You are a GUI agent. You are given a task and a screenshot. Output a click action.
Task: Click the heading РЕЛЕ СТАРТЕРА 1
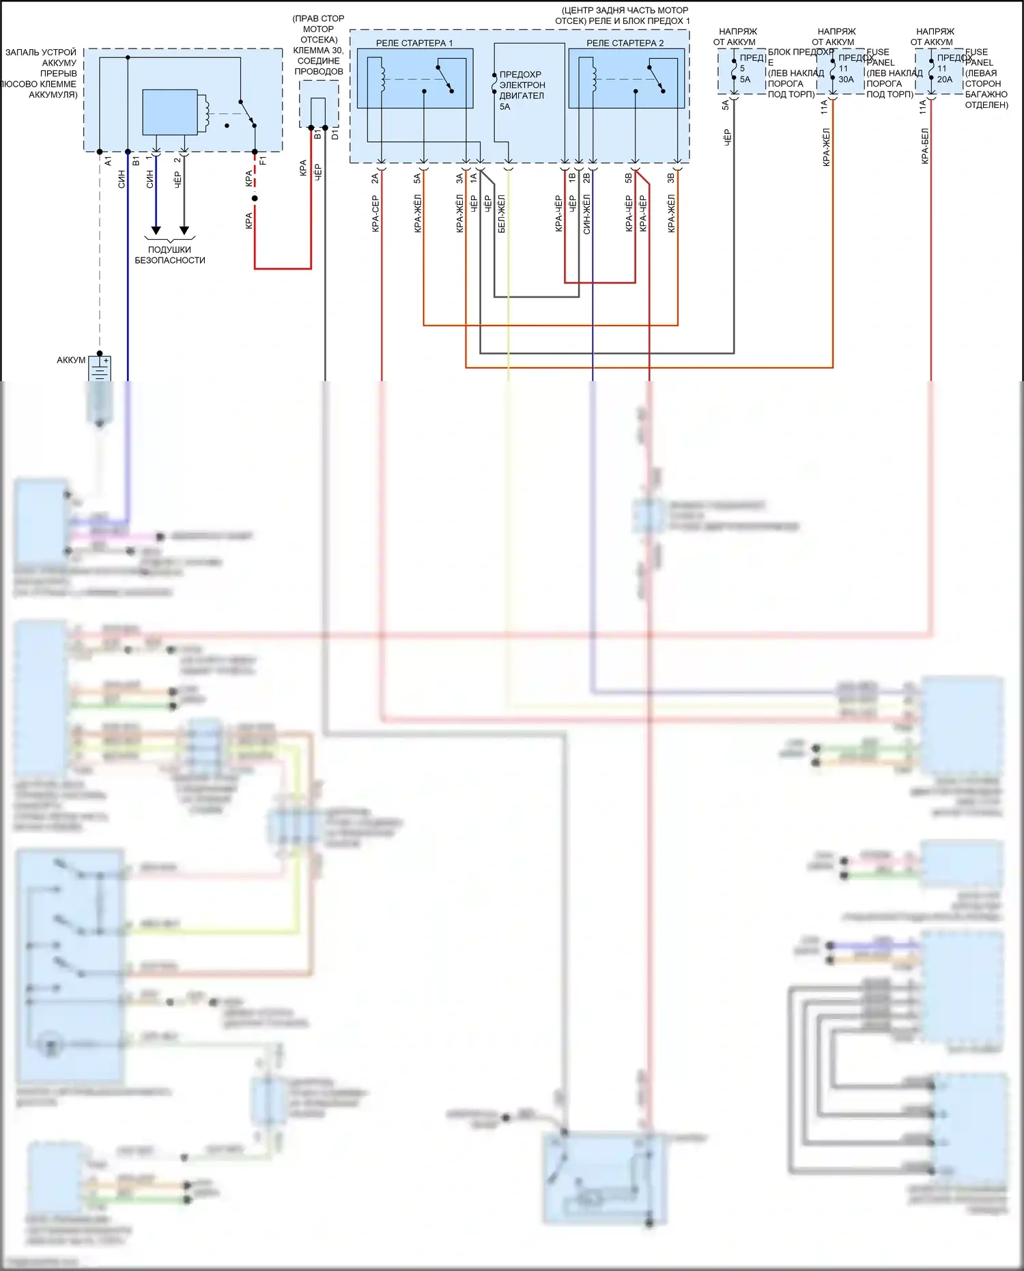click(x=414, y=43)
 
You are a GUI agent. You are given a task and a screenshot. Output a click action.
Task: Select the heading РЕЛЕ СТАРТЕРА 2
click(x=625, y=43)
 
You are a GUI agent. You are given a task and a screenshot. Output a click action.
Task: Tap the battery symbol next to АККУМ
click(x=100, y=369)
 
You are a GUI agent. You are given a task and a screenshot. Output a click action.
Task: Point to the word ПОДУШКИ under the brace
click(x=169, y=250)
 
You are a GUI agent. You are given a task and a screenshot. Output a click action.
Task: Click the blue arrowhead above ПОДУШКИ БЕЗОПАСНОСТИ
click(x=156, y=230)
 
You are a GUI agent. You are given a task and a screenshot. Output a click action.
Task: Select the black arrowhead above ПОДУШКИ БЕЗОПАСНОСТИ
click(x=184, y=230)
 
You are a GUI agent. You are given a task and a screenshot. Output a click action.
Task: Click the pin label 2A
click(x=375, y=179)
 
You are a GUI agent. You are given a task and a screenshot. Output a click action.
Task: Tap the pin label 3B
click(x=670, y=179)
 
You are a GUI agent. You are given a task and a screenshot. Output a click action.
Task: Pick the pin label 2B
click(x=586, y=179)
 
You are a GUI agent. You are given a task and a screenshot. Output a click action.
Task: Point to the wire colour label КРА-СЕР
click(x=375, y=214)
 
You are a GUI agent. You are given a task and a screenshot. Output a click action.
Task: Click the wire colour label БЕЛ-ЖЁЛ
click(x=502, y=214)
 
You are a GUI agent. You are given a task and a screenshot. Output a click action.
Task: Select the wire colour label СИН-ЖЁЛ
click(x=586, y=214)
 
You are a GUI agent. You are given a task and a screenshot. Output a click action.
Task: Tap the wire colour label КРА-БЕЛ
click(x=925, y=145)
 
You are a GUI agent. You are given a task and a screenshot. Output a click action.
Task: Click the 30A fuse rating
click(x=846, y=80)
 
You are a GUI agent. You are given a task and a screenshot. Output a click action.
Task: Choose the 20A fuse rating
click(x=944, y=80)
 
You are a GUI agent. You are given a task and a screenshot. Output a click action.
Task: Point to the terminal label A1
click(x=108, y=161)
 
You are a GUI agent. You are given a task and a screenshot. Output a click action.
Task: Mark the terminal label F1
click(x=263, y=161)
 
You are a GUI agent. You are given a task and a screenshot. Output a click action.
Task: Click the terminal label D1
click(x=335, y=135)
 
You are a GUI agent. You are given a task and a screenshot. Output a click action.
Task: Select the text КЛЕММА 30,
click(x=318, y=51)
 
